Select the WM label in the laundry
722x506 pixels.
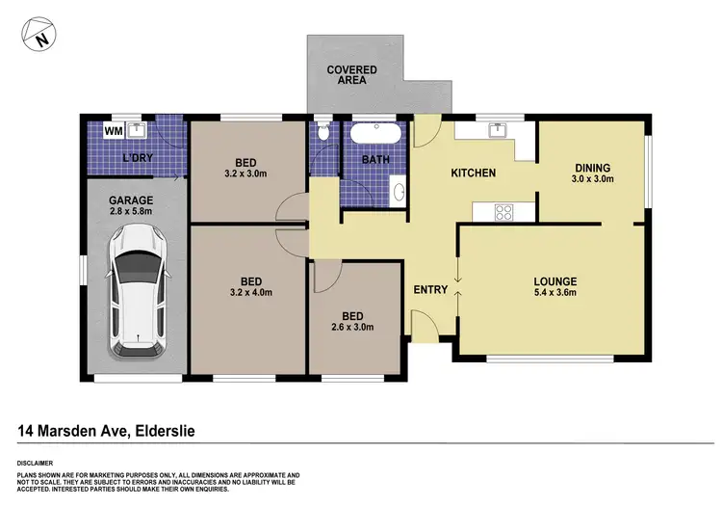(x=113, y=130)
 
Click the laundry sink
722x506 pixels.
(x=138, y=128)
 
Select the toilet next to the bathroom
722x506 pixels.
(x=322, y=133)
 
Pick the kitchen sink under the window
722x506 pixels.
(x=498, y=130)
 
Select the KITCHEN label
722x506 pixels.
(x=475, y=173)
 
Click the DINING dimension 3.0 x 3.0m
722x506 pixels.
(x=591, y=179)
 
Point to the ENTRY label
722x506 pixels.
(x=429, y=289)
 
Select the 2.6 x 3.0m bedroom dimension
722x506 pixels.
(x=351, y=327)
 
